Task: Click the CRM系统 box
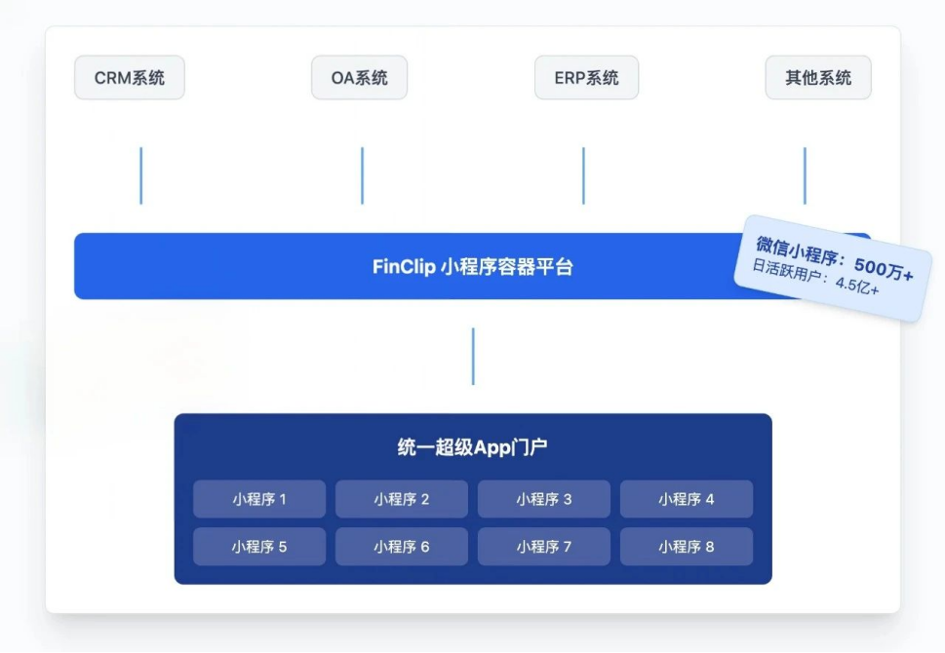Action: (129, 78)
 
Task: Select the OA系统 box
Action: (359, 78)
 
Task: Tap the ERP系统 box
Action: (586, 78)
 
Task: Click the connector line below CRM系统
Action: (141, 175)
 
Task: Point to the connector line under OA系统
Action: (362, 175)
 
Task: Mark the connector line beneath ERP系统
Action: (583, 175)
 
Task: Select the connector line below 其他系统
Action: (805, 175)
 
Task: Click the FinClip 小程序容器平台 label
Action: (473, 266)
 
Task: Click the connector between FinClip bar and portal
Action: (473, 356)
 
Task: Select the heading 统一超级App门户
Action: (473, 448)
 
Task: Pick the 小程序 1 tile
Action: (259, 499)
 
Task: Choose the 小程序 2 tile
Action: (402, 499)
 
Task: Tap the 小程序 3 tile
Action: (544, 499)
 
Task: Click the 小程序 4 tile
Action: (687, 499)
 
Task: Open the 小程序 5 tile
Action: (259, 547)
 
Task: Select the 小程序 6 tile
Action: (402, 547)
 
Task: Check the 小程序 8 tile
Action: (687, 547)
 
